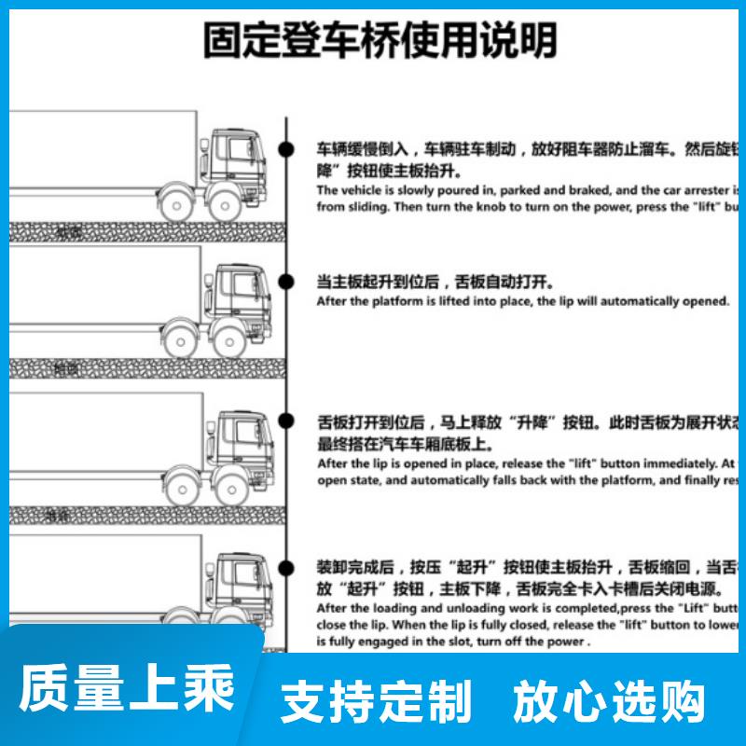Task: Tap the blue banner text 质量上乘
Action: coord(128,690)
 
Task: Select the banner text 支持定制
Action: coord(377,701)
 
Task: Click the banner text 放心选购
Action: coord(611,701)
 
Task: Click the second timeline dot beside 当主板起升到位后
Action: coord(288,281)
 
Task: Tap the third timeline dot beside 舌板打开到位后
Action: coord(288,421)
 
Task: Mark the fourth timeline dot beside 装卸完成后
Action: coord(288,565)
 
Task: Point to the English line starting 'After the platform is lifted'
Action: coord(523,301)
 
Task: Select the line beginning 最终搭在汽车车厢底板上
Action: coord(406,444)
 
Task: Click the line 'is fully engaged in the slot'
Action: coord(453,642)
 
